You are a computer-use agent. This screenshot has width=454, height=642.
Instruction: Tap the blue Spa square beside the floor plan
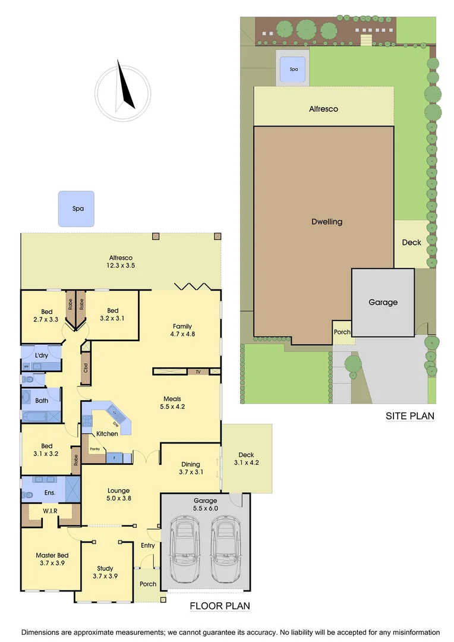pyautogui.click(x=76, y=209)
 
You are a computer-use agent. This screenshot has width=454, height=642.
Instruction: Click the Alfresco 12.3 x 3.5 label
pyautogui.click(x=121, y=262)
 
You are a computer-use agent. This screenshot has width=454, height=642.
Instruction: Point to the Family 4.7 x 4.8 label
pyautogui.click(x=182, y=330)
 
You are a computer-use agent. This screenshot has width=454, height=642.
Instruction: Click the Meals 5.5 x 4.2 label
pyautogui.click(x=172, y=402)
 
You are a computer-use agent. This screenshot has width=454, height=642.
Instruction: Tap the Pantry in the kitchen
pyautogui.click(x=94, y=449)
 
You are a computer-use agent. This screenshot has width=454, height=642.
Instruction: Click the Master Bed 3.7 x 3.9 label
pyautogui.click(x=50, y=559)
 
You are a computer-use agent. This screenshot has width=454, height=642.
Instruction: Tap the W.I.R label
pyautogui.click(x=50, y=511)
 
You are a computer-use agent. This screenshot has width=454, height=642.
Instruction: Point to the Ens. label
pyautogui.click(x=50, y=492)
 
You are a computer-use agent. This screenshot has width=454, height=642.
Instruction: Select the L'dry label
pyautogui.click(x=42, y=355)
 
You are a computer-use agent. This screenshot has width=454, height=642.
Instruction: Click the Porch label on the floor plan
pyautogui.click(x=148, y=584)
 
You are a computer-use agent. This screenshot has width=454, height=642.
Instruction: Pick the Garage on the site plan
pyautogui.click(x=383, y=302)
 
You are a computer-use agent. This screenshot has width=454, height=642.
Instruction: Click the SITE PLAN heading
pyautogui.click(x=410, y=416)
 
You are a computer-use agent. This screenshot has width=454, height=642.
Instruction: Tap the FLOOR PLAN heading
pyautogui.click(x=219, y=606)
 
